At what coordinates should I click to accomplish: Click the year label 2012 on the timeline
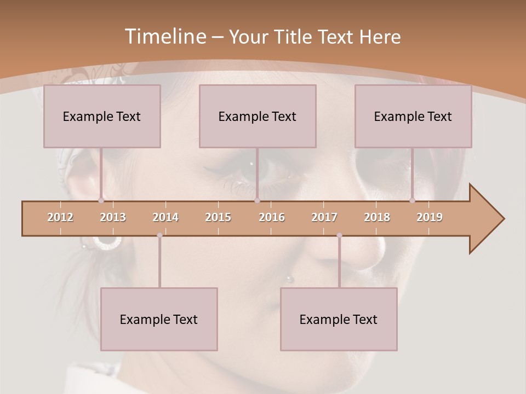coord(60,217)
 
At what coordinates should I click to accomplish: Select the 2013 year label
coord(113,217)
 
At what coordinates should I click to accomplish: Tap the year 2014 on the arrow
coord(165,217)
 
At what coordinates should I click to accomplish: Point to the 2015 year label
coord(218,217)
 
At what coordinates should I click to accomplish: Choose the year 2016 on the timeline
coord(272,217)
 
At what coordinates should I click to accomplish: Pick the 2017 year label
coord(324,217)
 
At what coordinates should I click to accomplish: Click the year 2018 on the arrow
coord(377,217)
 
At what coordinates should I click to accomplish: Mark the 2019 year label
coord(430,217)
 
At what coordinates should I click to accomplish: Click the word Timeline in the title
coord(164,37)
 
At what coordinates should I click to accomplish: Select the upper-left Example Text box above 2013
coord(102,116)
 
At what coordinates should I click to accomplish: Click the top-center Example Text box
coord(258,116)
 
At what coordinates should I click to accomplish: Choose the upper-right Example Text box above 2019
coord(413,116)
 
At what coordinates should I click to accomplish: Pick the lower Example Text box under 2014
coord(159,319)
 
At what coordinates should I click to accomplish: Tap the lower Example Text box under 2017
coord(339,319)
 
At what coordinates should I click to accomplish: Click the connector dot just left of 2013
coord(101,201)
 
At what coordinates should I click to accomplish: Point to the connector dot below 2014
coord(159,235)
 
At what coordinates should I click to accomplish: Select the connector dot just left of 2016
coord(257,201)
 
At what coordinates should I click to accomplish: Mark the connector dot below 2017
coord(339,235)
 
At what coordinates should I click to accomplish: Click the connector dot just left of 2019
coord(413,201)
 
